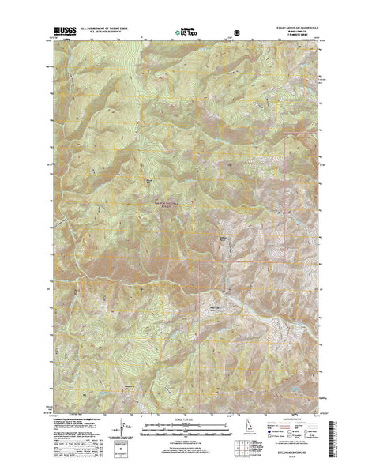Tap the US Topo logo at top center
(186, 34)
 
